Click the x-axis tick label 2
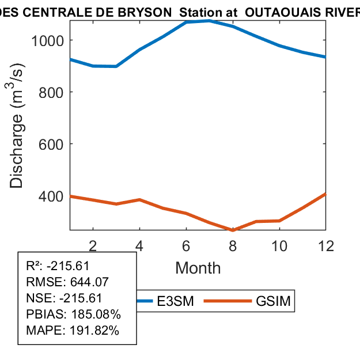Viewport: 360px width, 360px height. [x=93, y=245]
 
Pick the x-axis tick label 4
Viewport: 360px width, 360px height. [x=140, y=245]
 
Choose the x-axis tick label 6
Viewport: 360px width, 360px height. [x=186, y=245]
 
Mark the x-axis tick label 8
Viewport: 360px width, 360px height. [x=233, y=245]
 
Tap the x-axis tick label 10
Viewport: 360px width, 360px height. [x=279, y=245]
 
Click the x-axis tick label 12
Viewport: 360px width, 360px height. [x=325, y=245]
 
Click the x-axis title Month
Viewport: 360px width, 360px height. [x=198, y=268]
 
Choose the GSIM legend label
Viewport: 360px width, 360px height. [x=272, y=302]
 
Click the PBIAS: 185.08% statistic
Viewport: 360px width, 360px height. [x=73, y=314]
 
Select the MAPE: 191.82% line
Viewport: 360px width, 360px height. [x=73, y=331]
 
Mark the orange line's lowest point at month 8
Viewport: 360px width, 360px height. [x=233, y=230]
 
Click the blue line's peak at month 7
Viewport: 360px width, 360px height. [x=209, y=21]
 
